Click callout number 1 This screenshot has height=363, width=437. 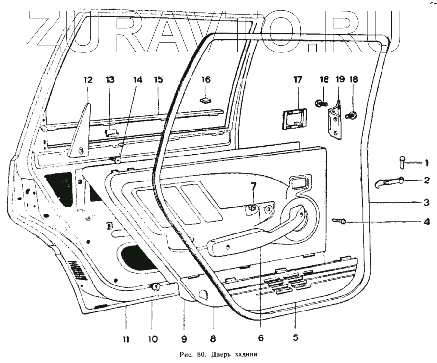point(427,162)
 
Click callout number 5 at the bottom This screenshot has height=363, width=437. point(295,337)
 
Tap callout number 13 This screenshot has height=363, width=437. point(110,80)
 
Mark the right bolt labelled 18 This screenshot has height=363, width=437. point(352,116)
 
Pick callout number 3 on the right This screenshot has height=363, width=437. point(427,202)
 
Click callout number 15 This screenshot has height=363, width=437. point(158,79)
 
